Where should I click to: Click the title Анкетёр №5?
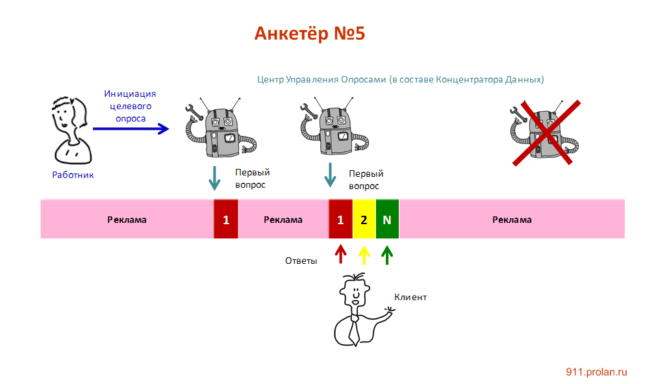coord(310,34)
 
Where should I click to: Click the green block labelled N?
coord(387,220)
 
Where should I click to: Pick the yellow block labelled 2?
coord(364,220)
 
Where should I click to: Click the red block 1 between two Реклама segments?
coord(226,220)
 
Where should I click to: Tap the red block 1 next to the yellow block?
coord(340,220)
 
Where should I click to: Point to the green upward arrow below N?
coord(387,254)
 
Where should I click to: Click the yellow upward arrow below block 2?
coord(364,254)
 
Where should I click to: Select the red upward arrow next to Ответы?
coord(340,254)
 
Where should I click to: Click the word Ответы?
coord(301,261)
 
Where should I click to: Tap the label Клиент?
coord(410,297)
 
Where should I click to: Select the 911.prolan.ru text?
coord(596,372)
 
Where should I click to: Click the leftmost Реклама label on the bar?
coord(127,220)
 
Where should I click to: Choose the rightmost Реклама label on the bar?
coord(512,220)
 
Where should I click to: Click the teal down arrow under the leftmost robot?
coord(214,177)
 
